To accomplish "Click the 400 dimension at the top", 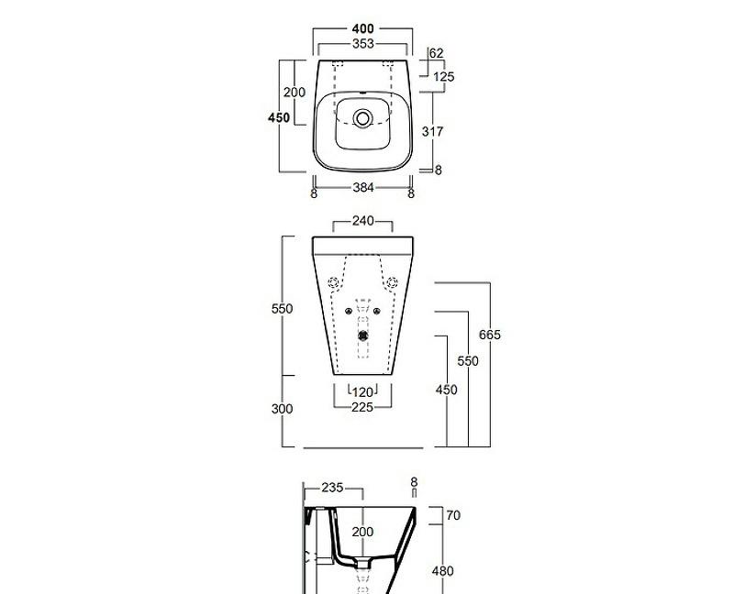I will [362, 29].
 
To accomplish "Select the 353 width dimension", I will [362, 44].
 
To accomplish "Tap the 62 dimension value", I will [436, 54].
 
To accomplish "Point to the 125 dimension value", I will [443, 77].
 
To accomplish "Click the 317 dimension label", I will [432, 132].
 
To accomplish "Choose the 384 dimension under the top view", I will [362, 188].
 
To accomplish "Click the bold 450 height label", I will [279, 117].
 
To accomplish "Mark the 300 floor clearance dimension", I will [283, 409].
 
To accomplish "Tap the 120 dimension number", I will [362, 392].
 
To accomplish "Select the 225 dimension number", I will [362, 408].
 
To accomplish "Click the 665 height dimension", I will [490, 335].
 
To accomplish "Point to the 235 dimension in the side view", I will [331, 488].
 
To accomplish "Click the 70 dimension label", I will [452, 516].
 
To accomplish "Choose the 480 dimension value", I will [442, 571].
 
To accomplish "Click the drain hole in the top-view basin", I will [362, 118].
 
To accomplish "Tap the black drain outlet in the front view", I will [362, 335].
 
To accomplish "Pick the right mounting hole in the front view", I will [394, 281].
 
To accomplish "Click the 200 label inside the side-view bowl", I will [363, 532].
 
